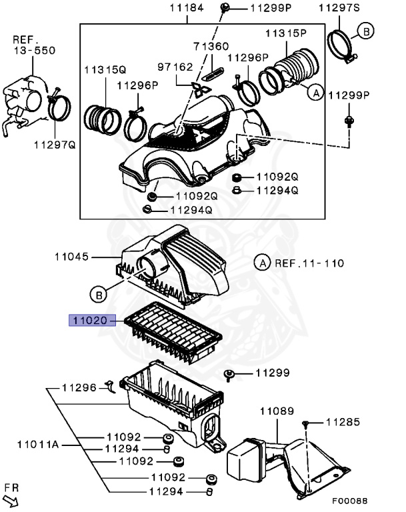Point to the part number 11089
(277, 412)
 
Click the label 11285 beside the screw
(343, 422)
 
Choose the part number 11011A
(38, 444)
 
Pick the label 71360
(211, 47)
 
